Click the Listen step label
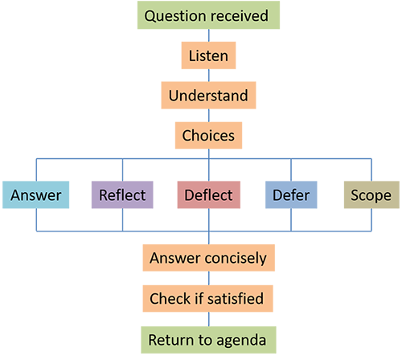point(208,55)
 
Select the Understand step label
point(208,96)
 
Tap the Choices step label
point(208,135)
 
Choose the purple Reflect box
point(121,195)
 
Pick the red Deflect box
point(208,195)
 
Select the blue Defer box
point(292,195)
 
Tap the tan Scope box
point(371,195)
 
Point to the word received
point(238,15)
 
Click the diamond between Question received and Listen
point(208,35)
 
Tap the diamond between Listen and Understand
point(208,76)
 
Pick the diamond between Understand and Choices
point(208,116)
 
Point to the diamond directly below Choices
point(208,155)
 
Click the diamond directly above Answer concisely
point(208,239)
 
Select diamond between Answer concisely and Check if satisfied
point(208,279)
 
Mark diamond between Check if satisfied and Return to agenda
point(208,319)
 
